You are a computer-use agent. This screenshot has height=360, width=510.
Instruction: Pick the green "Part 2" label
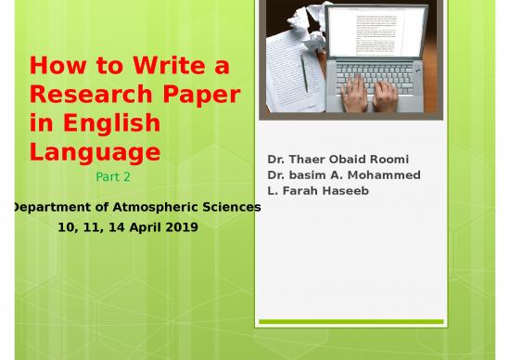click(x=113, y=175)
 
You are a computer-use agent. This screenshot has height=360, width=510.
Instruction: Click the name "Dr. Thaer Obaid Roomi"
click(x=338, y=159)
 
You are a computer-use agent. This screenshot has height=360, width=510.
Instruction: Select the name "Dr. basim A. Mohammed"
click(x=343, y=174)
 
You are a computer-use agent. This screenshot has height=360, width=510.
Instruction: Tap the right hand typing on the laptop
click(x=386, y=91)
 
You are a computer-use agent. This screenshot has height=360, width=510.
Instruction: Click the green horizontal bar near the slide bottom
click(x=351, y=321)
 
